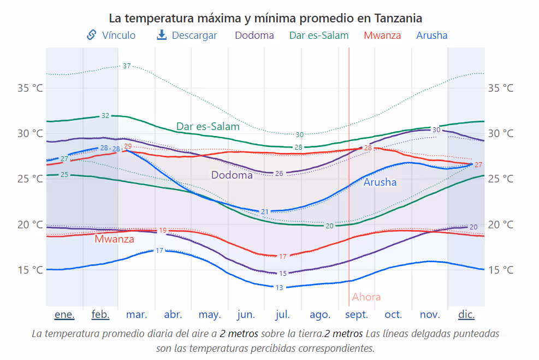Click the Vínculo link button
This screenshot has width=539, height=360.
(111, 36)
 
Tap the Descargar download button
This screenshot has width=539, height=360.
(187, 36)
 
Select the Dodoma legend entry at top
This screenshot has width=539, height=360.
(254, 36)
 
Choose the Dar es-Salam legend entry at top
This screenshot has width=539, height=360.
(318, 36)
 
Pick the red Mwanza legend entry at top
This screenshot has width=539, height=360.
(382, 36)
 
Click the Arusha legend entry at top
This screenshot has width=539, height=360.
(431, 36)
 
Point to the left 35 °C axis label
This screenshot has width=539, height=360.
(31, 88)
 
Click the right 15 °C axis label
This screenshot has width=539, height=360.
(500, 270)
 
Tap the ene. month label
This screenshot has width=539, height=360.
(64, 315)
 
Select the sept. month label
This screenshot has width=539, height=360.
(357, 315)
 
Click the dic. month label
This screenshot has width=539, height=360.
(466, 315)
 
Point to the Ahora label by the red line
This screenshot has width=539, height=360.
(366, 297)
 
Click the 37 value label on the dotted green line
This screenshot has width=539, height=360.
(127, 66)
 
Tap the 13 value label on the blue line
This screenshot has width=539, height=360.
(279, 287)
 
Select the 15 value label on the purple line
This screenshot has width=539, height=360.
(282, 273)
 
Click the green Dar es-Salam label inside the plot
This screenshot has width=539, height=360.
(208, 127)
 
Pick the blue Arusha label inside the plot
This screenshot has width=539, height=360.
(380, 182)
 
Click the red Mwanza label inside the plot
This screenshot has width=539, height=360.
(114, 239)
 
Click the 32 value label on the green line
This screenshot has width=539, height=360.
(105, 116)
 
